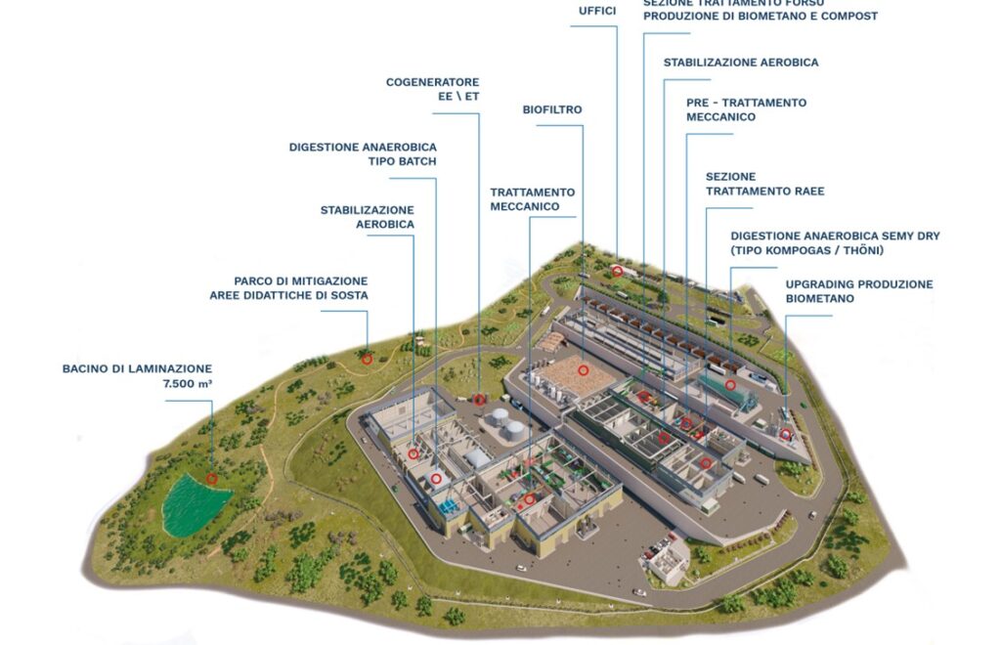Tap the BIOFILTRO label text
click(x=552, y=109)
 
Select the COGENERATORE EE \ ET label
click(x=432, y=89)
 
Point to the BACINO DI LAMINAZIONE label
click(x=137, y=368)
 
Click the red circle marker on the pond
click(x=212, y=479)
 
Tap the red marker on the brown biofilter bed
click(x=583, y=370)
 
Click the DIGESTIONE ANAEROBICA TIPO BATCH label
click(x=363, y=153)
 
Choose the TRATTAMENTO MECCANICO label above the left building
click(x=533, y=199)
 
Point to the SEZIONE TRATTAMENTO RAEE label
click(x=764, y=184)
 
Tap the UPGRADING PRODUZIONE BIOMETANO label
click(x=859, y=291)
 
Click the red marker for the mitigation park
click(x=367, y=359)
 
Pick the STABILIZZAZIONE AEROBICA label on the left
click(x=368, y=217)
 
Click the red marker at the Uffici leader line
click(x=617, y=271)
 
